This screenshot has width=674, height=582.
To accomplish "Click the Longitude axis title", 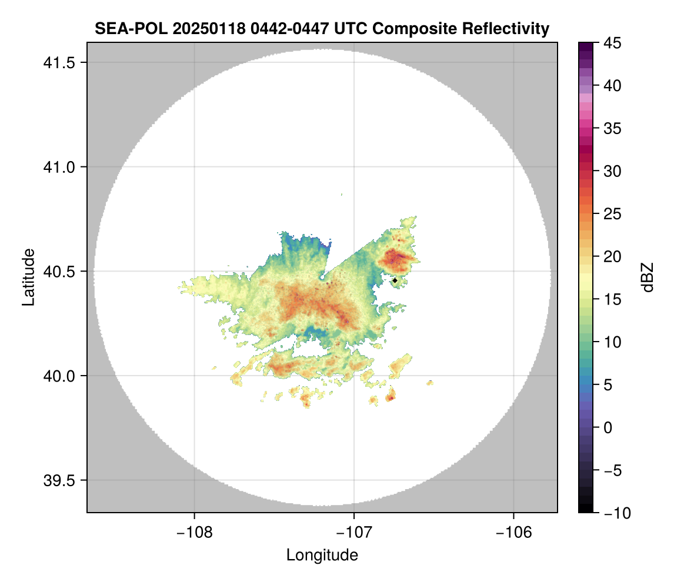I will click(x=322, y=555).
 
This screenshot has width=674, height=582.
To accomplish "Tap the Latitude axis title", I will click(x=28, y=277).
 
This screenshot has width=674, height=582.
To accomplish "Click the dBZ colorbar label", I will click(x=648, y=277).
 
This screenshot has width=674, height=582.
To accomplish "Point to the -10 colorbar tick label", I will click(x=612, y=513).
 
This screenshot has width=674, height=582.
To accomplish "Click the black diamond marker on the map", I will click(x=395, y=280).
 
